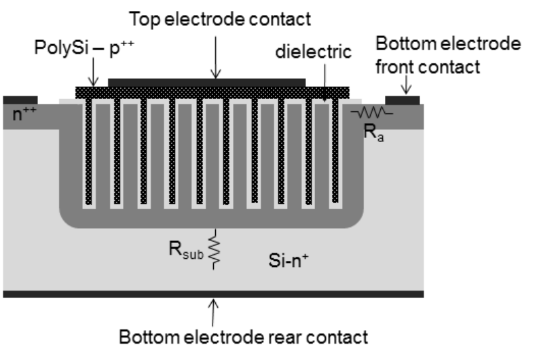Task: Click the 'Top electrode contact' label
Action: pos(220,19)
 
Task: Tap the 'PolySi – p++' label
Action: pos(84,47)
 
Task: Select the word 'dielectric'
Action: pos(314,52)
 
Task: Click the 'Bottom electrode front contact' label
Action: pos(448,55)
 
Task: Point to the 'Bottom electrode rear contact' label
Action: pos(244,337)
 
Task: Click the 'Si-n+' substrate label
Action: pos(288,260)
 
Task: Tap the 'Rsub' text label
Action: pos(186,250)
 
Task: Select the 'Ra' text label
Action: pos(373,132)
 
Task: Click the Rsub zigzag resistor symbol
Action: pos(214,249)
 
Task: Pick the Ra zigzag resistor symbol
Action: pos(371,111)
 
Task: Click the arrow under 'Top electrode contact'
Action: pos(215,58)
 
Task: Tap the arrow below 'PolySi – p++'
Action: pos(93,72)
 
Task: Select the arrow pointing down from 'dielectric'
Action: pos(325,82)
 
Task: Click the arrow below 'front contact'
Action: pos(407,85)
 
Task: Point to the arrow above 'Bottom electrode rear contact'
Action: pos(213,312)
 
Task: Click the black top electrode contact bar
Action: pos(206,82)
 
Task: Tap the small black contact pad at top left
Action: pos(20,100)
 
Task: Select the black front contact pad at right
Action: pos(402,100)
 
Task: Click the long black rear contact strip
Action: pos(213,294)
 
